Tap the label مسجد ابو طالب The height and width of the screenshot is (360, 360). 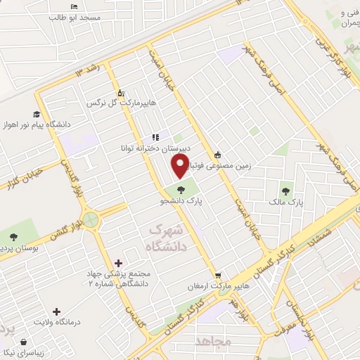80,16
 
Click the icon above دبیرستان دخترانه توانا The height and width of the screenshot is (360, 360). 155,137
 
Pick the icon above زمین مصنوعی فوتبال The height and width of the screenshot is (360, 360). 217,155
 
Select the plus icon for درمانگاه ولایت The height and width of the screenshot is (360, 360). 56,311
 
